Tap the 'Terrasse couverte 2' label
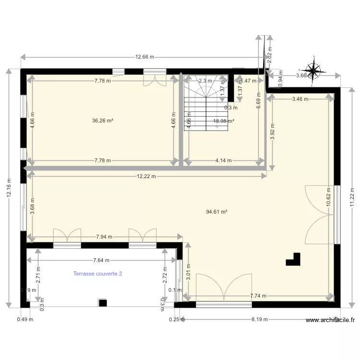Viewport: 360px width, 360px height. pos(98,274)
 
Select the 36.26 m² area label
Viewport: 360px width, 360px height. pos(103,121)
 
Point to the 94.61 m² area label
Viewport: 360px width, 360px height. pos(216,211)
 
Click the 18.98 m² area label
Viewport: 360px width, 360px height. pos(224,121)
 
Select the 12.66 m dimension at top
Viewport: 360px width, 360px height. pos(144,57)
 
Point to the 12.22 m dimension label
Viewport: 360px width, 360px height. pos(146,176)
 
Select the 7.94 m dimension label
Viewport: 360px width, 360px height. pos(104,237)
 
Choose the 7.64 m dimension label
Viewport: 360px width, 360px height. pos(101,261)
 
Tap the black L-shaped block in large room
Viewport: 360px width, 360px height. pos(293,259)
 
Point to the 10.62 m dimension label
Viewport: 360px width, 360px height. pos(328,197)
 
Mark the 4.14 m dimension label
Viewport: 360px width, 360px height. pos(224,161)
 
